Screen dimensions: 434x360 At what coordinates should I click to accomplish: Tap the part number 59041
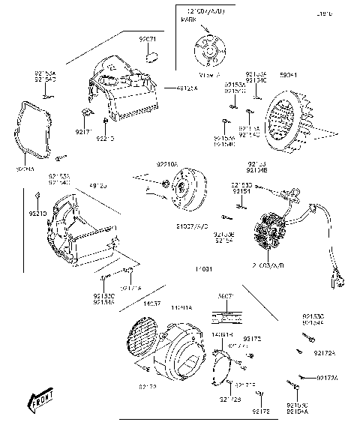coord(289,75)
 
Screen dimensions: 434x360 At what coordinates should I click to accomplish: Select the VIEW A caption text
coord(207,75)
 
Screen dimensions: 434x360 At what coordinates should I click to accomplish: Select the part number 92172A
coord(324,352)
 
